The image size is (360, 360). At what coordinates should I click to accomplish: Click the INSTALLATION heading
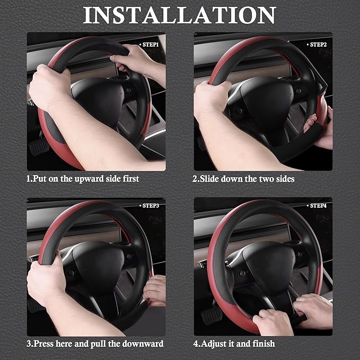click(179, 15)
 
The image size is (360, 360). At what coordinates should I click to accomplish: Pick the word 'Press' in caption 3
click(43, 344)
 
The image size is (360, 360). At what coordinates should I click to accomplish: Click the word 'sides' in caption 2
click(283, 179)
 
